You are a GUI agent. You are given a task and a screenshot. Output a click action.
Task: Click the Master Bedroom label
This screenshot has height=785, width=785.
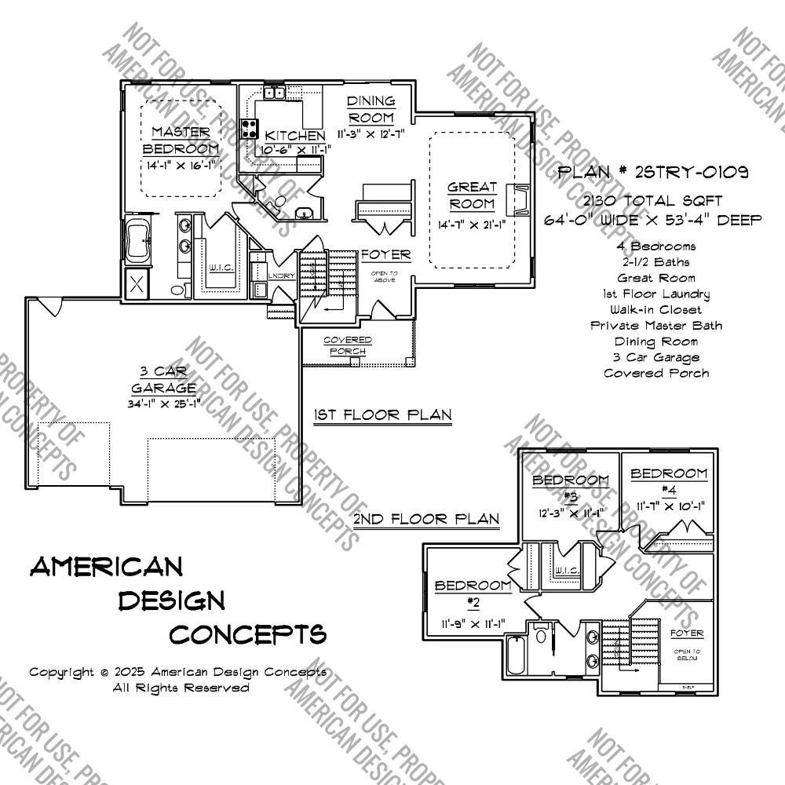coord(181,140)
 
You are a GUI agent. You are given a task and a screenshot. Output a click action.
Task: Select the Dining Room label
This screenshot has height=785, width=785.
coord(371,108)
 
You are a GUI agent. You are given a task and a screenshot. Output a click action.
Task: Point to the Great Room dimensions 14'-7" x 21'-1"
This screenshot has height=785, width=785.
coord(472,225)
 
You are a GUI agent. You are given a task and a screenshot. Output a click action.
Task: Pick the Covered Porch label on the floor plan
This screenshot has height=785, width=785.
coord(348,345)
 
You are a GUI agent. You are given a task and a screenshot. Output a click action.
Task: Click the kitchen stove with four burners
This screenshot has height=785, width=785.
coord(250,129)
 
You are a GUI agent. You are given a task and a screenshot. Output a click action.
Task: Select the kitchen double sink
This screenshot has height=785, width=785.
coord(274,93)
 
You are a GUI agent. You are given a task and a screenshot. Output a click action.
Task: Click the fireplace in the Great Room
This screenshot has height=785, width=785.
coord(517,199)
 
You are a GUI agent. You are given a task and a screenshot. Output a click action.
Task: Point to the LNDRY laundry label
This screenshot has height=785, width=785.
coord(280,276)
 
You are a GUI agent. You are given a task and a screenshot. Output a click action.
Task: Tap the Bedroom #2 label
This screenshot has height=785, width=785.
coord(473,593)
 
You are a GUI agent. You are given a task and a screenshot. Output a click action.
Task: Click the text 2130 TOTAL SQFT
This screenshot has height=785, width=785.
coord(652,202)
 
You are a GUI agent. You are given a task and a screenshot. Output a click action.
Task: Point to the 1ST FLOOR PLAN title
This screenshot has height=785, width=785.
coord(382,414)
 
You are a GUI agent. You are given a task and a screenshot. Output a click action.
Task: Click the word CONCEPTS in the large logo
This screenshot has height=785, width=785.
coord(247,633)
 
